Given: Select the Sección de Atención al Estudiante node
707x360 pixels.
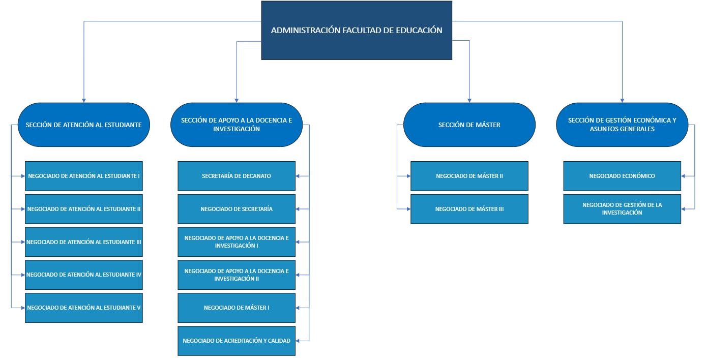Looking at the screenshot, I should [x=83, y=125].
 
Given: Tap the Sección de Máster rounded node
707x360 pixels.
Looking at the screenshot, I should [x=469, y=125].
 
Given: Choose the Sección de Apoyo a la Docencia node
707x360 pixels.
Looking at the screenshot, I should [x=237, y=125].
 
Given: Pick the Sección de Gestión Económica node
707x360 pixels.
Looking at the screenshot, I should [x=622, y=125].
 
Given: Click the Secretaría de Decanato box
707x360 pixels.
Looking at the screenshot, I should [x=237, y=176].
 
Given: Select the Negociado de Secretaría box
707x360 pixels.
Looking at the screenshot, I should [x=237, y=209].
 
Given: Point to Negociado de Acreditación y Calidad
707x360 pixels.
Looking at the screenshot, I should [x=237, y=341].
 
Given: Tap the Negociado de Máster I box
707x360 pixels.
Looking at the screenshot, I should [x=237, y=308].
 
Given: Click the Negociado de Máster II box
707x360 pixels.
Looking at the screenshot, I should [x=469, y=176].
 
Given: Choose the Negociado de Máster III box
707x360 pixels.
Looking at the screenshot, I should [x=469, y=209].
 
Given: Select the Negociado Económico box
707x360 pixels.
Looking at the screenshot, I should [x=622, y=176].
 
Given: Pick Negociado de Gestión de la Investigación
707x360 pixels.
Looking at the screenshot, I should [x=622, y=209].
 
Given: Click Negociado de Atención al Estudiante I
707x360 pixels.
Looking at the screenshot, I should [x=84, y=176].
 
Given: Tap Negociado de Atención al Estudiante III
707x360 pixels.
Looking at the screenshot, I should [x=84, y=242].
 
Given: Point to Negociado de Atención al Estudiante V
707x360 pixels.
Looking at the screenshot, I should [x=84, y=308].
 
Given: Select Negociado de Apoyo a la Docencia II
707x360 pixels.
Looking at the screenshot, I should [x=237, y=275].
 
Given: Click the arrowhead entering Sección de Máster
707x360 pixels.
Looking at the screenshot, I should [x=469, y=100].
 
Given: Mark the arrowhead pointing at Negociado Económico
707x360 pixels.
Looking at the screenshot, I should [x=684, y=176].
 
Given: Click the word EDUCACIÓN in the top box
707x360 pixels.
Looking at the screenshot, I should [x=419, y=30].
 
